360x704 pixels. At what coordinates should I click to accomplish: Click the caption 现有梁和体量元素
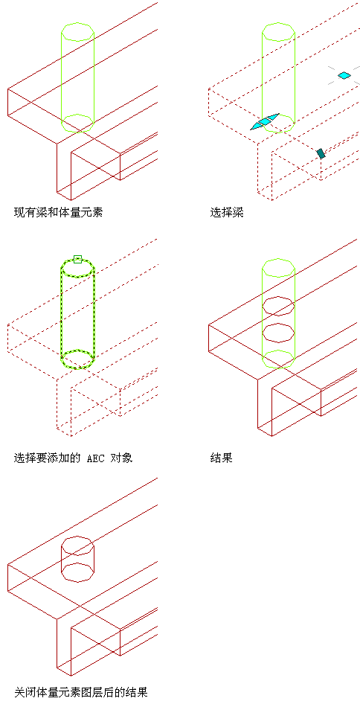pyautogui.click(x=58, y=212)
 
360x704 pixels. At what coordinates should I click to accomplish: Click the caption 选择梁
pyautogui.click(x=227, y=212)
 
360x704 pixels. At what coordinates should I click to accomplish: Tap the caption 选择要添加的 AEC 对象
pyautogui.click(x=73, y=458)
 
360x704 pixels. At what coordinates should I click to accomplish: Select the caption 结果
pyautogui.click(x=222, y=458)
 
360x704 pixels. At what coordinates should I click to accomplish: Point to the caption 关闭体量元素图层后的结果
pyautogui.click(x=81, y=692)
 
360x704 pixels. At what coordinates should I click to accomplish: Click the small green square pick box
pyautogui.click(x=77, y=259)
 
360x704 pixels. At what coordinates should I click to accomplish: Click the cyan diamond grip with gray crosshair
pyautogui.click(x=344, y=75)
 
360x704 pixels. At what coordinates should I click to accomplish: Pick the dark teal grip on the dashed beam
pyautogui.click(x=321, y=153)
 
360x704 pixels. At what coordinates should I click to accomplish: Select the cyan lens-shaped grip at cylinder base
pyautogui.click(x=265, y=121)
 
